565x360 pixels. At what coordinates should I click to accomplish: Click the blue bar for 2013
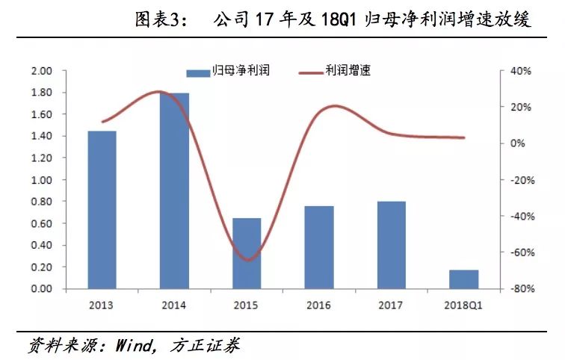click(102, 210)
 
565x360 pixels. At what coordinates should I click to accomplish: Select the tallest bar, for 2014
click(175, 191)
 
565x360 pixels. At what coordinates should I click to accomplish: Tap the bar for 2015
click(247, 253)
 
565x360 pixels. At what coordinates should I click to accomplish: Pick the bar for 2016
click(318, 247)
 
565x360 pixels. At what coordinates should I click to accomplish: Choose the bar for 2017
click(391, 245)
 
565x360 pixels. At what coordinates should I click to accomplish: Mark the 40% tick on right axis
click(520, 71)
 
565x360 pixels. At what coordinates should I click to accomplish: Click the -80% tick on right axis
click(520, 289)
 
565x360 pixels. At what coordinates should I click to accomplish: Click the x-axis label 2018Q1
click(463, 305)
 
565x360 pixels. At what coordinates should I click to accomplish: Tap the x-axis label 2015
click(247, 305)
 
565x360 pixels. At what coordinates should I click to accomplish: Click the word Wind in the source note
click(132, 346)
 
